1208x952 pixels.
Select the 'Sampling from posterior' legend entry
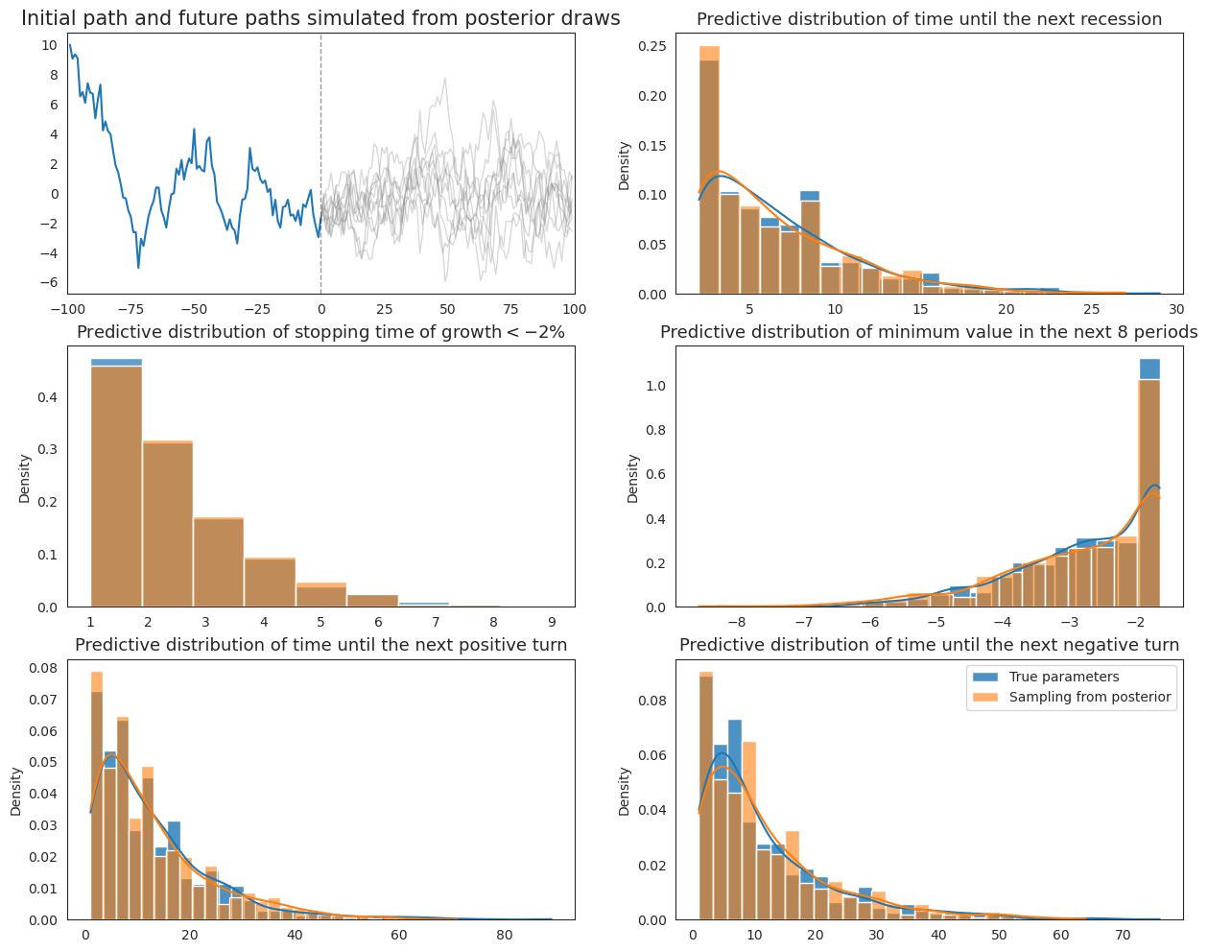[x=1089, y=697]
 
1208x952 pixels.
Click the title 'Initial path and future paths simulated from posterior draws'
[x=320, y=18]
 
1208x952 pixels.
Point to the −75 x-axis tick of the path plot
[x=130, y=309]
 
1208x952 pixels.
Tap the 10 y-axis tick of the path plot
[x=49, y=46]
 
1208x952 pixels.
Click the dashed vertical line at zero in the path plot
[x=320, y=144]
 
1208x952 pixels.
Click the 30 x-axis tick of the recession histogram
[x=1176, y=309]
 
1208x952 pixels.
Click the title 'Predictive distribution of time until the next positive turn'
[x=320, y=645]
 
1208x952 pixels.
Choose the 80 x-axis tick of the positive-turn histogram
[x=504, y=935]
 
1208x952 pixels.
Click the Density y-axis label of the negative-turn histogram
[x=625, y=791]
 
